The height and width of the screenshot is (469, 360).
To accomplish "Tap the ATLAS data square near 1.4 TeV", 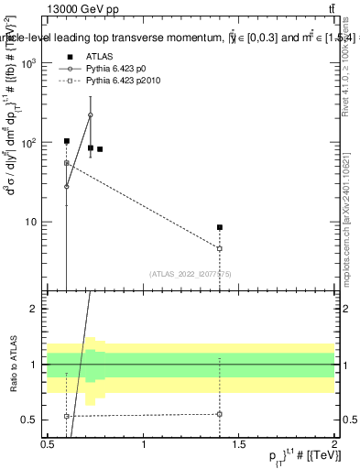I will (220, 227).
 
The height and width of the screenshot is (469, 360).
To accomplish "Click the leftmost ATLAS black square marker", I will (67, 141).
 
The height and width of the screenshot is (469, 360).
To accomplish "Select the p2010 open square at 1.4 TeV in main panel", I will (220, 248).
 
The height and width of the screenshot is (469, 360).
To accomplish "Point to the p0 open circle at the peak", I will (90, 115).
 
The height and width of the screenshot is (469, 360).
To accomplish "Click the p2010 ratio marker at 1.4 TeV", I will (220, 414).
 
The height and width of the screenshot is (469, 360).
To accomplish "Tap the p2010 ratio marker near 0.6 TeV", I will (67, 416).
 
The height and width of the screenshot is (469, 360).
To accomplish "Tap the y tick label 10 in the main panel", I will (35, 222).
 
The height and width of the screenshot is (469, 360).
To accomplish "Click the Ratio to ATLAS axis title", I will (12, 364).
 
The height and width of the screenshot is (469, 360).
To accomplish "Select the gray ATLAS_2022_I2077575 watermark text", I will (184, 274).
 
